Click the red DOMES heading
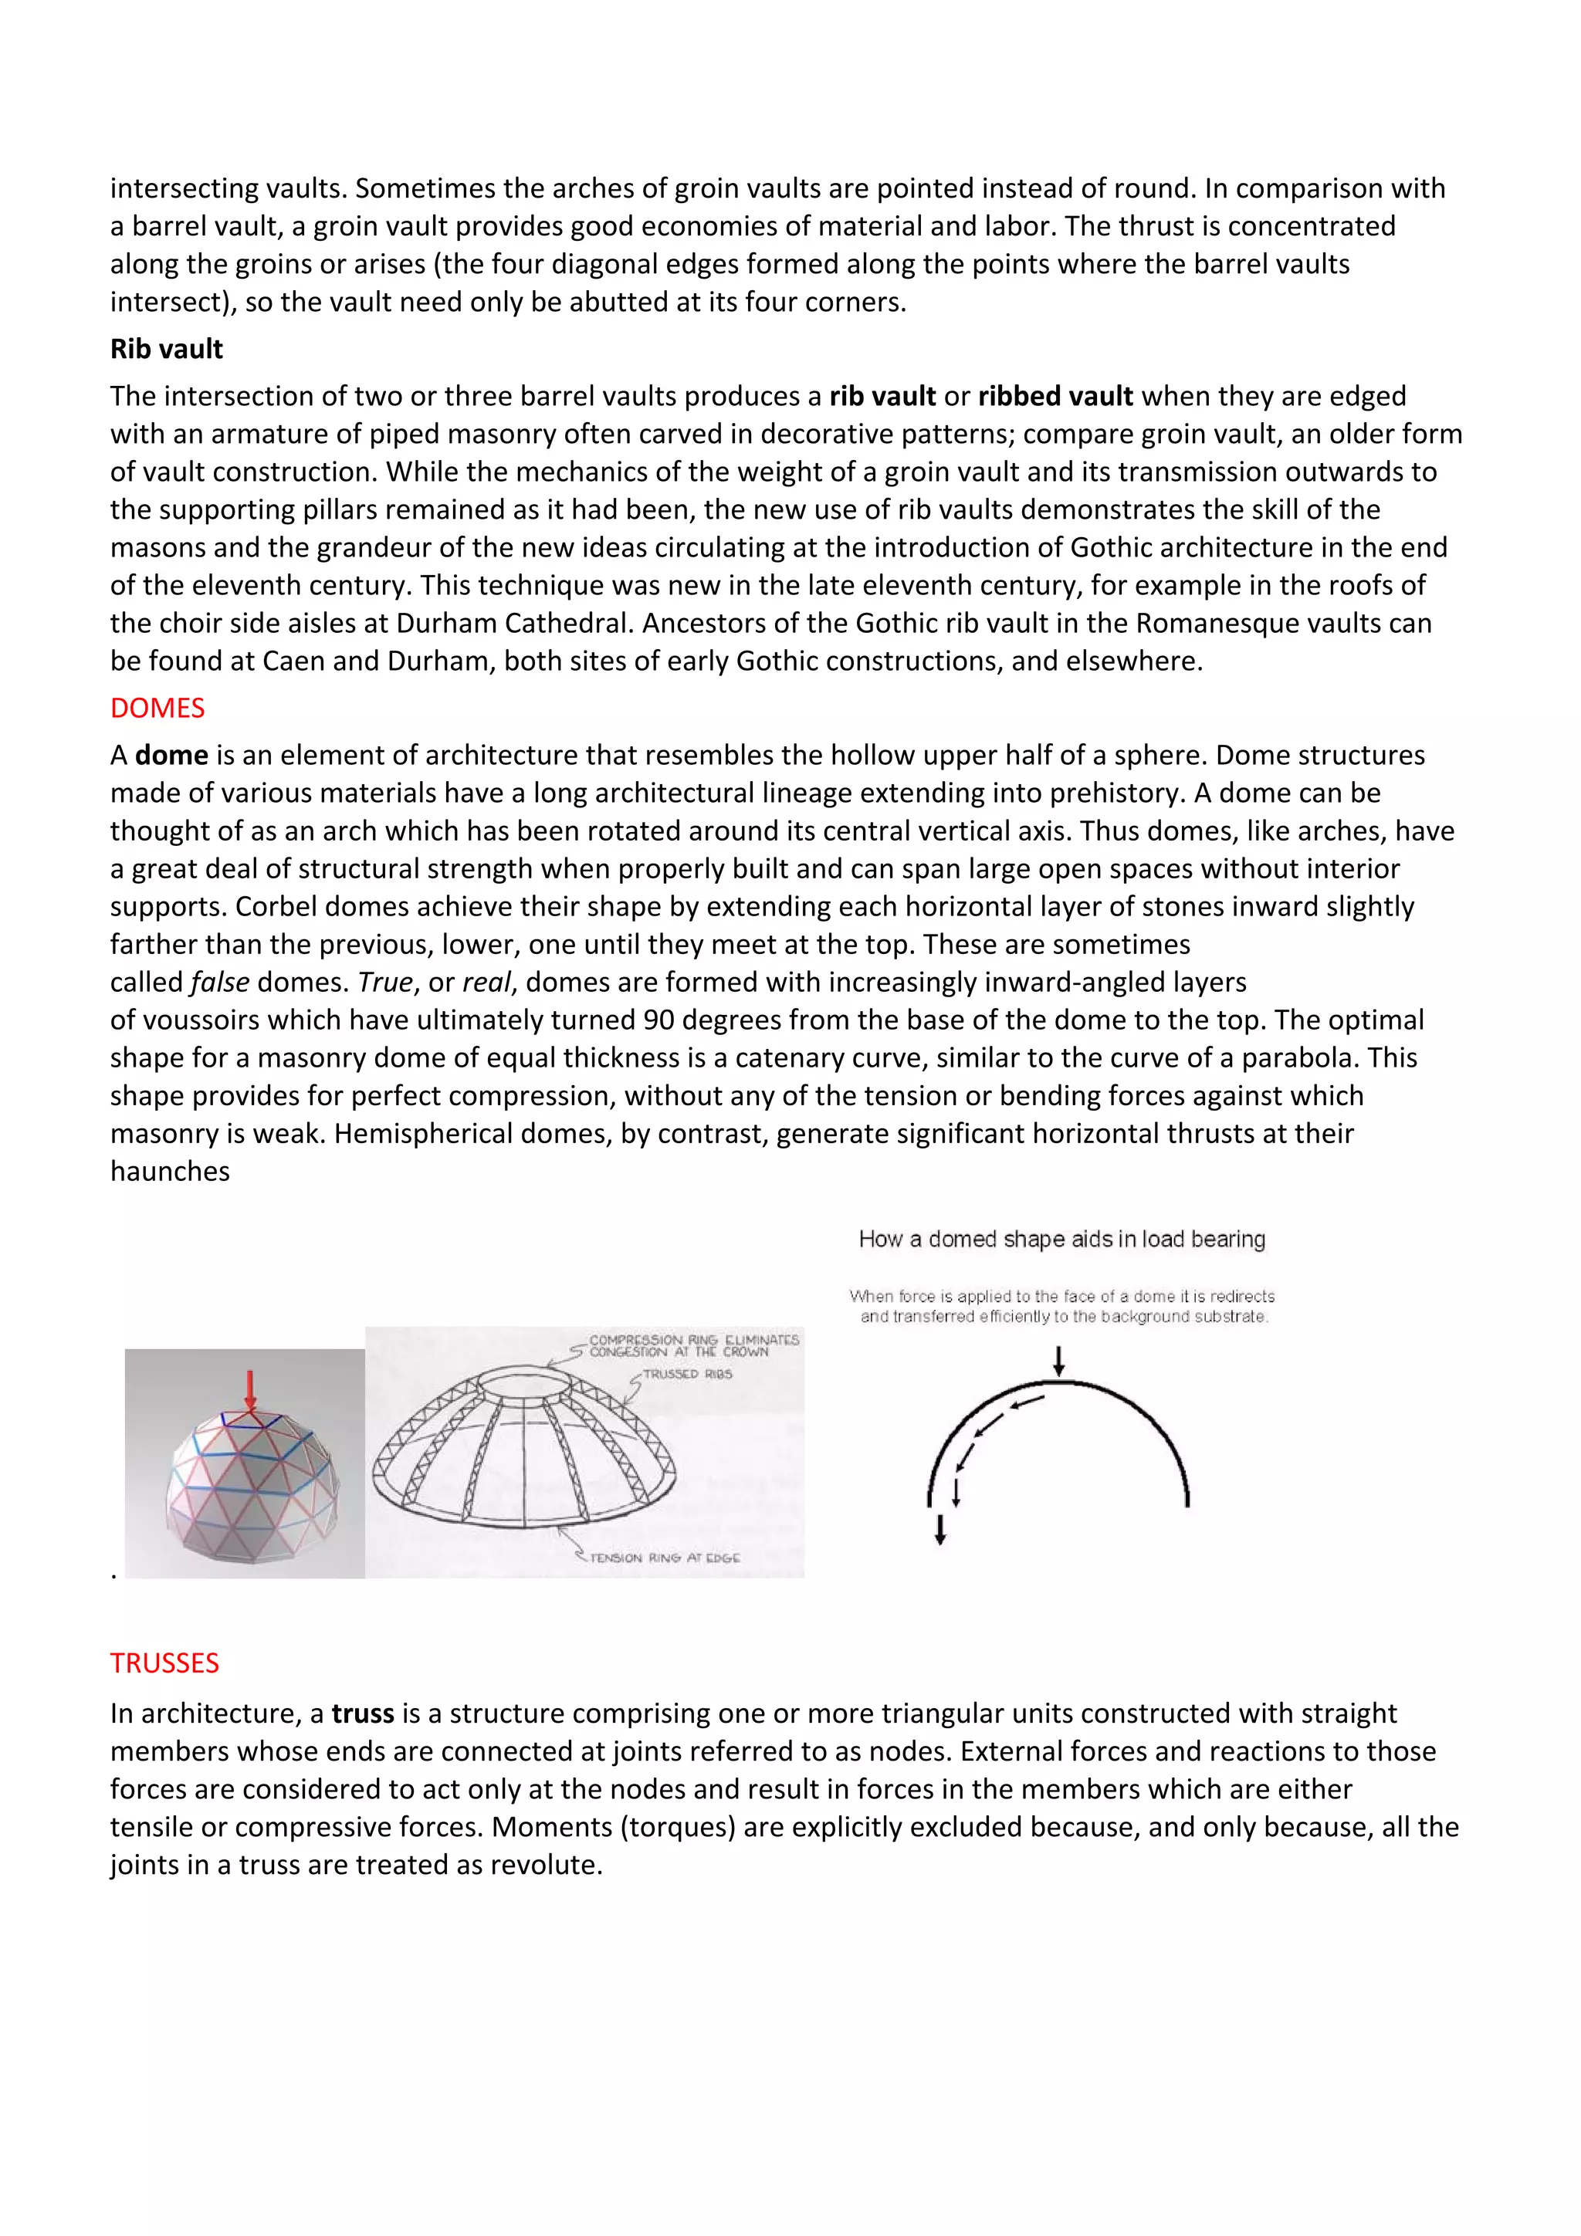(157, 708)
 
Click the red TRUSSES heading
(164, 1663)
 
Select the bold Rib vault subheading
(166, 349)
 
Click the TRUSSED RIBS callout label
(687, 1374)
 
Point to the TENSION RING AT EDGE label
(665, 1558)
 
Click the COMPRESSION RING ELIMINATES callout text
(693, 1340)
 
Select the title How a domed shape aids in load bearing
(1061, 1239)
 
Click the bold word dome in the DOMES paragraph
(171, 755)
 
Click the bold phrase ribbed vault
(1055, 397)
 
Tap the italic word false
(220, 982)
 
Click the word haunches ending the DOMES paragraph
(170, 1171)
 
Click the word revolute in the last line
(543, 1864)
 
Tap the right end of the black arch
(1187, 1500)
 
